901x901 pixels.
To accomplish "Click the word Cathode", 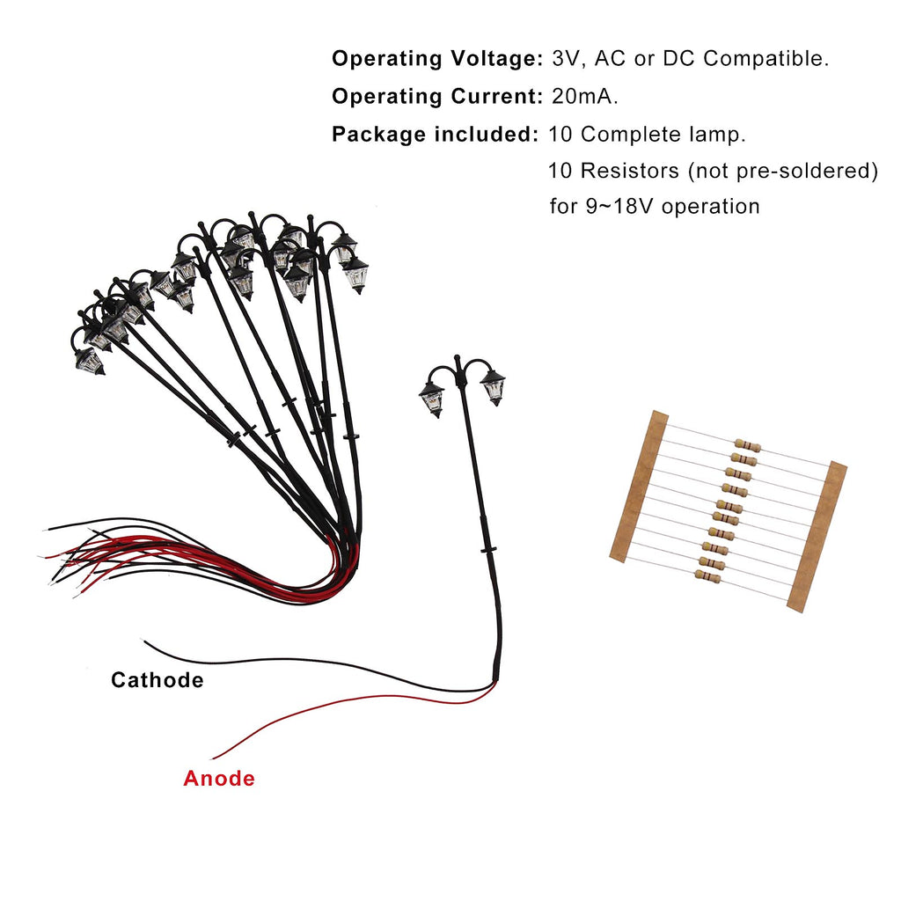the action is click(157, 680).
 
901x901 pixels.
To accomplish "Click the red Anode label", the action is click(219, 778).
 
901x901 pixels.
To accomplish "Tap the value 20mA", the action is click(584, 96).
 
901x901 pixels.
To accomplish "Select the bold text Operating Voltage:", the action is click(437, 58).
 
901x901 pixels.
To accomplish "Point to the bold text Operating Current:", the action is click(437, 96).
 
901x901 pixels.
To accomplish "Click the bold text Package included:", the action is click(435, 134).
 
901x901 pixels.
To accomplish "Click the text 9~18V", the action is click(619, 206).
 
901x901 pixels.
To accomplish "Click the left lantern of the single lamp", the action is click(431, 399).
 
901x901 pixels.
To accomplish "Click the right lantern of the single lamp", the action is click(493, 387).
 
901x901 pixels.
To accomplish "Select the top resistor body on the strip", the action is click(748, 445).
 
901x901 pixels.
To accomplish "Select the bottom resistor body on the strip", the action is click(707, 576).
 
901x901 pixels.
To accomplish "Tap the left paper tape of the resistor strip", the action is click(639, 486).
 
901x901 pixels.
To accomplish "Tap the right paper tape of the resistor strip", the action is click(817, 536).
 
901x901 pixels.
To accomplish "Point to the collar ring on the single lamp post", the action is click(488, 551).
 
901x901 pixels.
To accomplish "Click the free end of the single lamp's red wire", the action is click(213, 758).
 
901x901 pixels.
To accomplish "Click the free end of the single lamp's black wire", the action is click(143, 641).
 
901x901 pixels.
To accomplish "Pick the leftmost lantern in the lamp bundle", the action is click(90, 362).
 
